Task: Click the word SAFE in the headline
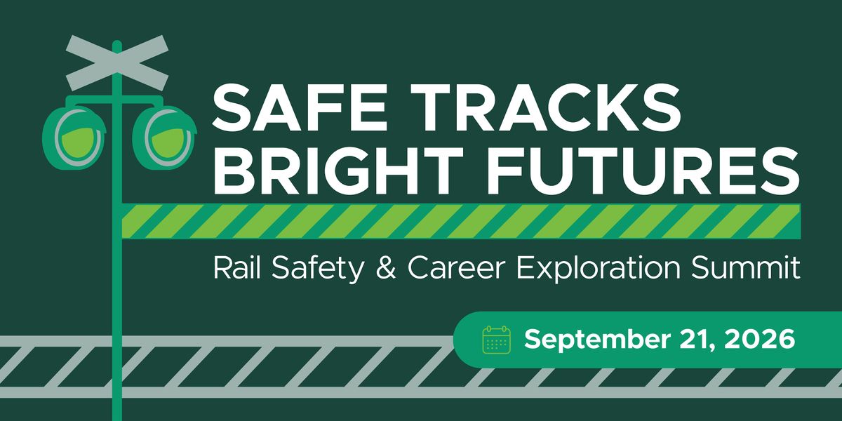tap(300, 106)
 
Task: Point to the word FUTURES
tap(643, 170)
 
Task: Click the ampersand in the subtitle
tap(386, 267)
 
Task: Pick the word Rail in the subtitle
tap(237, 267)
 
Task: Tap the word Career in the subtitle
tap(456, 267)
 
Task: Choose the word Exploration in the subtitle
tap(599, 269)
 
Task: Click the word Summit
tap(746, 267)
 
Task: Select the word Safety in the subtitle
tap(318, 269)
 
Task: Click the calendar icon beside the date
tap(496, 340)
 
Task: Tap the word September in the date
tap(597, 340)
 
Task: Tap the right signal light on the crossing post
tap(164, 138)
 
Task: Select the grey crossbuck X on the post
tap(117, 63)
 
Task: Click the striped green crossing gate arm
tap(461, 221)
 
